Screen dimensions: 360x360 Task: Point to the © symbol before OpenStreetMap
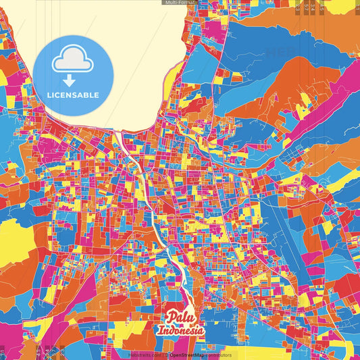(x=166, y=355)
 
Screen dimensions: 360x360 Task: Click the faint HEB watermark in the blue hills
(x=280, y=51)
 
